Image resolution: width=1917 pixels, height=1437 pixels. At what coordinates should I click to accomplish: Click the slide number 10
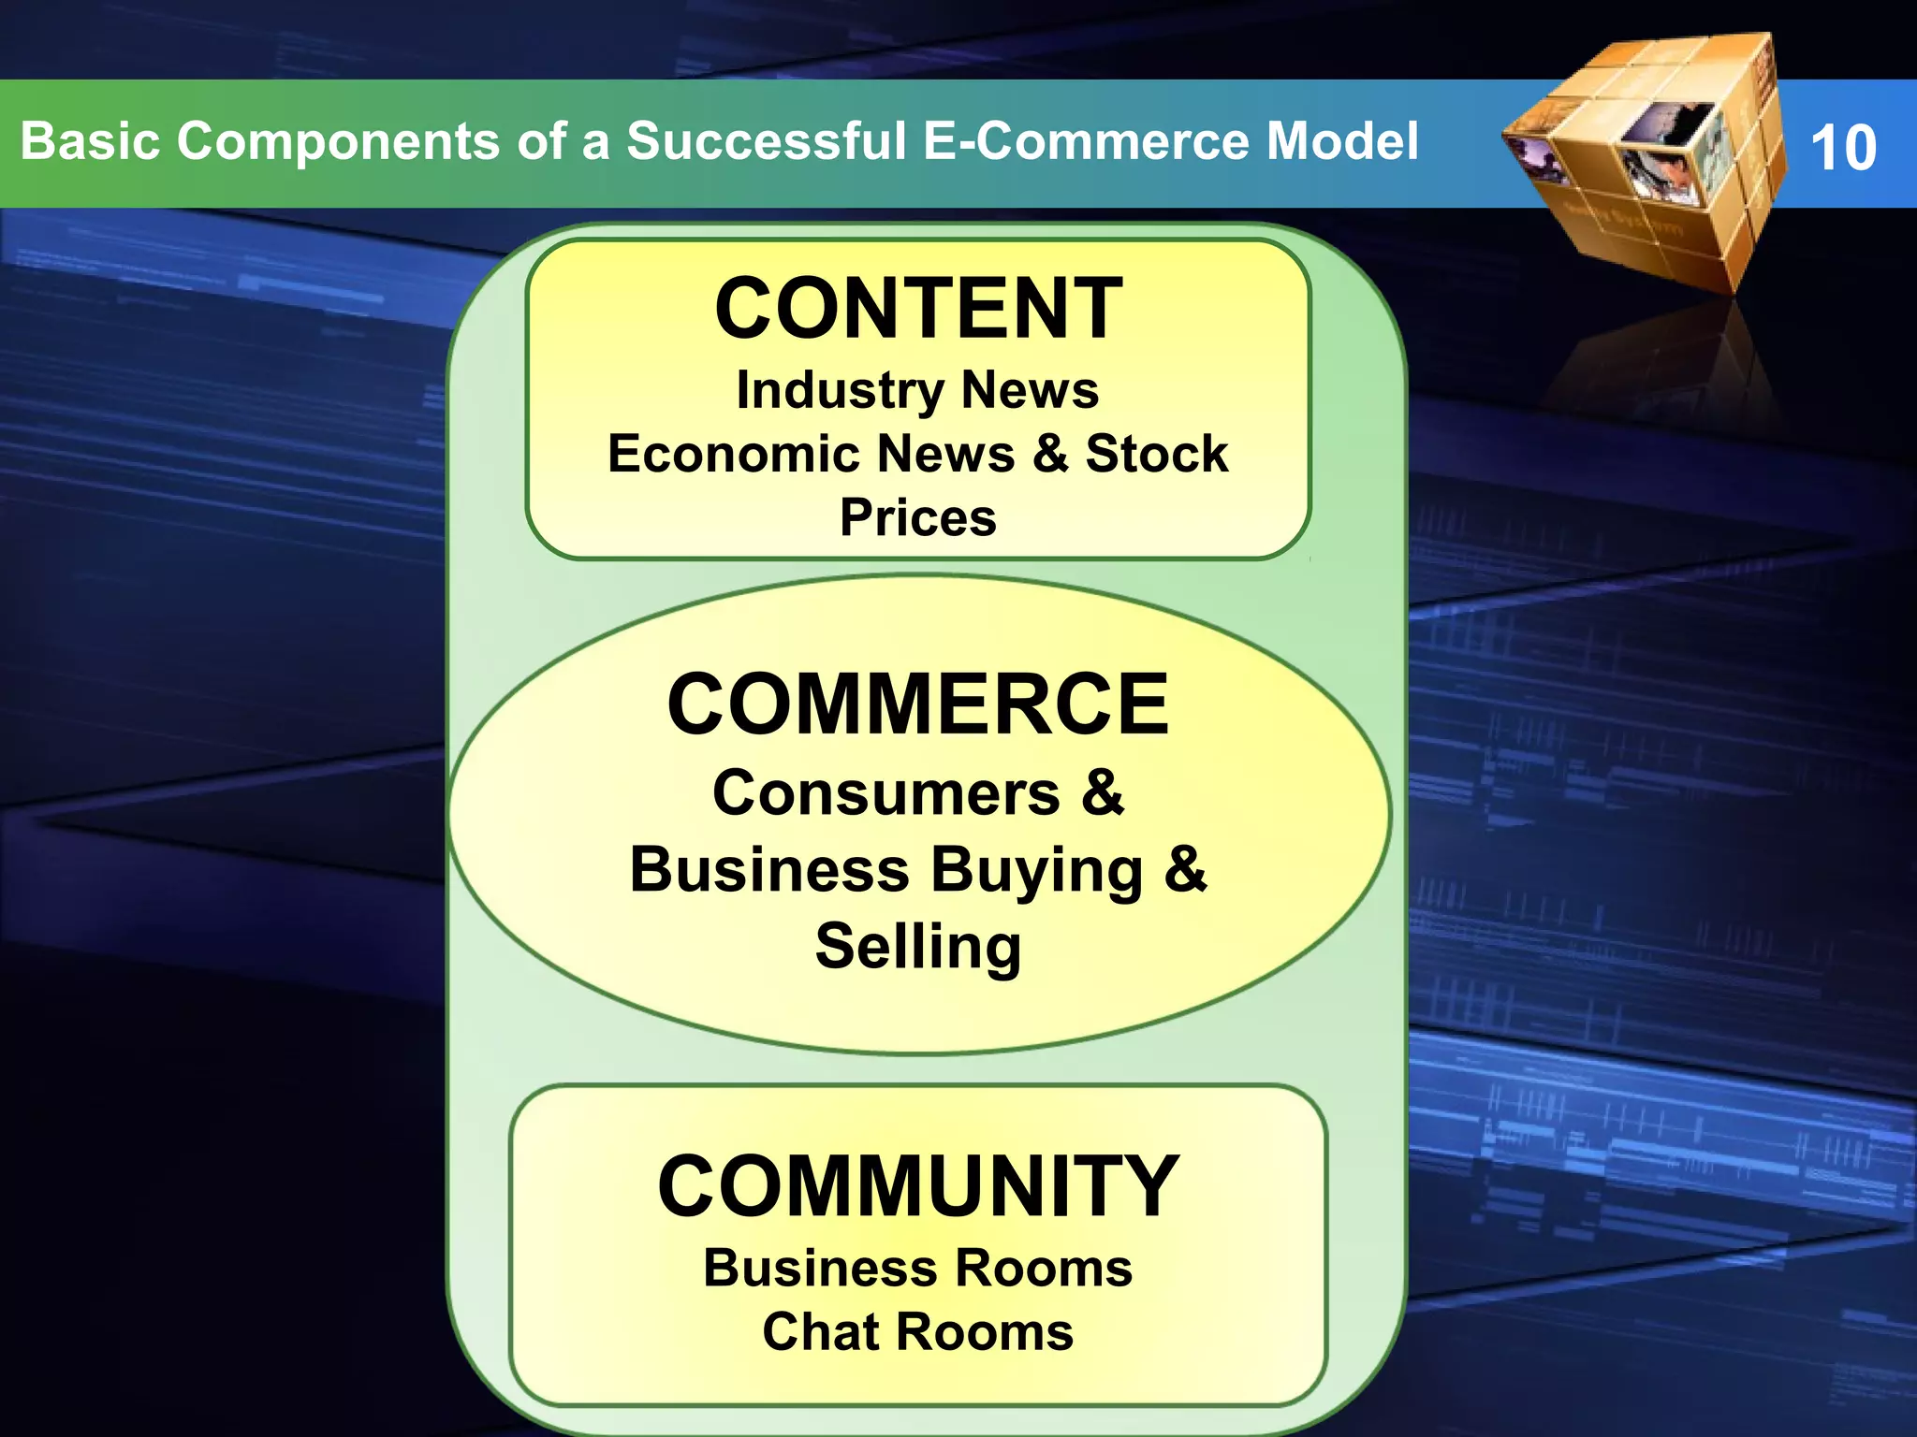1842,148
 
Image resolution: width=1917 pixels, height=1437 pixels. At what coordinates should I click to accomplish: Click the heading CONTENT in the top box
918,309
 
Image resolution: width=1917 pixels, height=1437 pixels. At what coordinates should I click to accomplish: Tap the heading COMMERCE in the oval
918,704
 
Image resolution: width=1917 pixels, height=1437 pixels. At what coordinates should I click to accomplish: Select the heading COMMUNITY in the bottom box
918,1186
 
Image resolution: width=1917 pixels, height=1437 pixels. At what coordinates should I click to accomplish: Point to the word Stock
1156,455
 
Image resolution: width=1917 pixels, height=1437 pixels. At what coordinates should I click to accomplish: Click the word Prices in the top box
918,517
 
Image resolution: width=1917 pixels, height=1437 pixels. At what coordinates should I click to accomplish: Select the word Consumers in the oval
885,793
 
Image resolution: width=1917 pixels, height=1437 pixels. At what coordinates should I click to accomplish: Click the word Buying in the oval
1036,870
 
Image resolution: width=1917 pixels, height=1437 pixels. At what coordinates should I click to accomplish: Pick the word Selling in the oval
918,947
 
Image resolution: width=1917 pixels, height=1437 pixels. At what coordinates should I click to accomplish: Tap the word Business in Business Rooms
820,1269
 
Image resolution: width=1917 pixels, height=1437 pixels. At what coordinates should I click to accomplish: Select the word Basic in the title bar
90,141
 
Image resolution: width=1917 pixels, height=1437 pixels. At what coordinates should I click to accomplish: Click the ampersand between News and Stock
1050,455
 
